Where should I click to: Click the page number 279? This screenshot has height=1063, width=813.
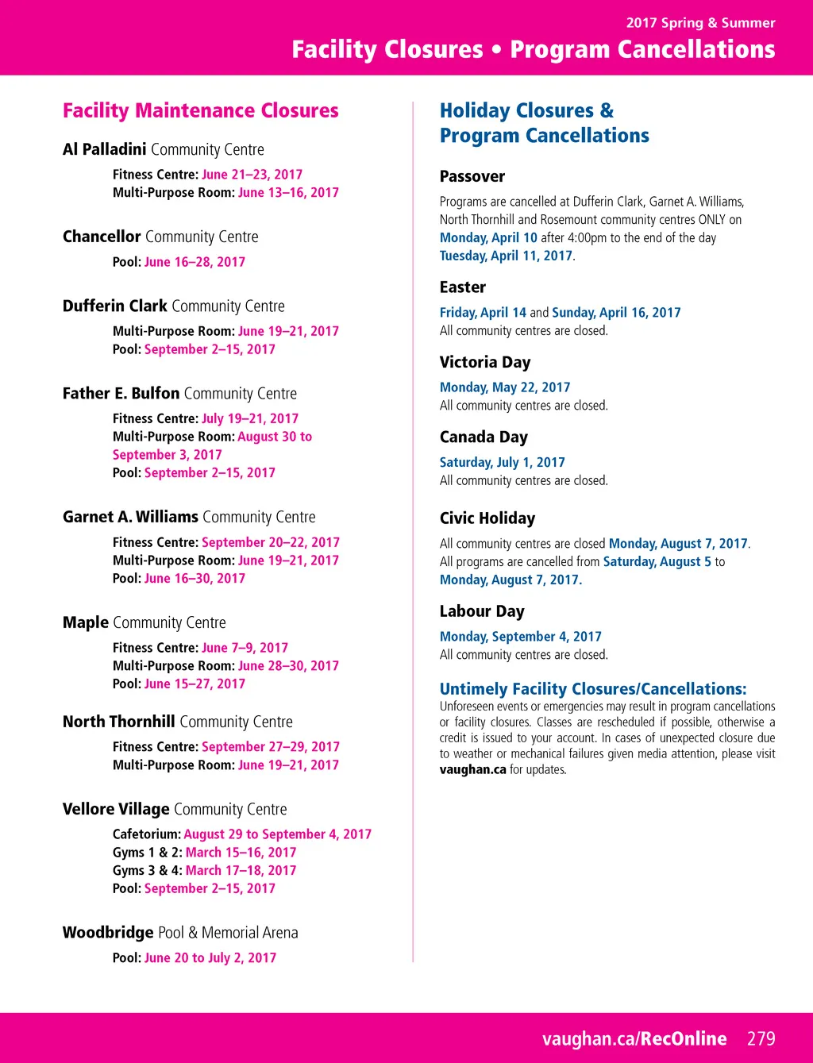coord(761,1038)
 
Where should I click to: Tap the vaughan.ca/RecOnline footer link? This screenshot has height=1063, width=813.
coord(634,1038)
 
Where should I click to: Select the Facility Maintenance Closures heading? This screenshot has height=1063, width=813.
coord(201,110)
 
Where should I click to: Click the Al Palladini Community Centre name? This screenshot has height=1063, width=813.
coord(164,149)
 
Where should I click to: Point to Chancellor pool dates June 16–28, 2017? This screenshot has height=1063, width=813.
coord(195,262)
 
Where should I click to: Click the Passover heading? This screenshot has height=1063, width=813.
coord(472,176)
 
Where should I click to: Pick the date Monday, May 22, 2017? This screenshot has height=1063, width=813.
coord(505,387)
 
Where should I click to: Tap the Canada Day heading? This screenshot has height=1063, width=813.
coord(484,437)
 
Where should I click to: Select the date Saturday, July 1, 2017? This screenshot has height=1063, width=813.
coord(503,462)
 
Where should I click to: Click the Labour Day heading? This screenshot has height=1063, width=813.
coord(482,611)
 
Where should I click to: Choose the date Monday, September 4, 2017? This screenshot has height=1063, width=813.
coord(521,637)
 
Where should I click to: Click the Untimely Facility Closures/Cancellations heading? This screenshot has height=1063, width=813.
coord(593,689)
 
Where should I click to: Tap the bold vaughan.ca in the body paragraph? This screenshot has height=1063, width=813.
coord(472,769)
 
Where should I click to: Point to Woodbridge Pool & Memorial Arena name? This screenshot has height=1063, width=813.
coord(180,933)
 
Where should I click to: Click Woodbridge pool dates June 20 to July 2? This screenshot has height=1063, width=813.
coord(210,958)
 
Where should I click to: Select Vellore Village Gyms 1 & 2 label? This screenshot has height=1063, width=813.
coord(147,853)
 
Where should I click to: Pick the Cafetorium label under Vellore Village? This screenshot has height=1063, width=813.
coord(146,834)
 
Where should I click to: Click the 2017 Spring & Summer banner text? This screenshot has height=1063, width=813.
coord(700,23)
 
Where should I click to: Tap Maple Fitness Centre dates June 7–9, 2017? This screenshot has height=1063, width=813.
coord(245,648)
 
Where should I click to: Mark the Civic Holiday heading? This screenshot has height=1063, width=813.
coord(487,518)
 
